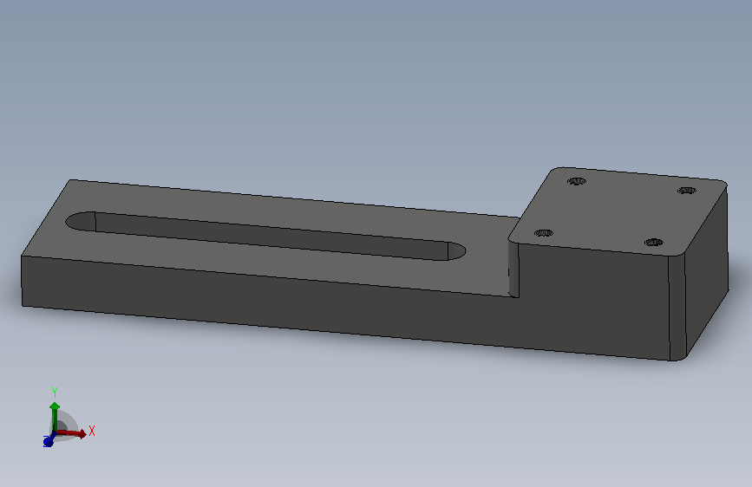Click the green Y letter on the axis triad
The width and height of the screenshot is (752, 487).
[54, 393]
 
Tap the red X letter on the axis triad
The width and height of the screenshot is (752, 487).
[92, 431]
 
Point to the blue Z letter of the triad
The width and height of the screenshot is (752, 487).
[46, 443]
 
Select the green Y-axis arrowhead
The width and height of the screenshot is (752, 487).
[54, 406]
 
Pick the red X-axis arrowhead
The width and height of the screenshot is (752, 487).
[82, 434]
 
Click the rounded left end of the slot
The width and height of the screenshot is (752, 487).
[80, 221]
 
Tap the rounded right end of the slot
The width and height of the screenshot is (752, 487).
[456, 251]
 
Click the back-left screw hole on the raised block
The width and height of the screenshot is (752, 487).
[577, 181]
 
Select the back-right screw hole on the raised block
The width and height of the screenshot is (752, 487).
[687, 191]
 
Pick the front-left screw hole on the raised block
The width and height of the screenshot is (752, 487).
[543, 233]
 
